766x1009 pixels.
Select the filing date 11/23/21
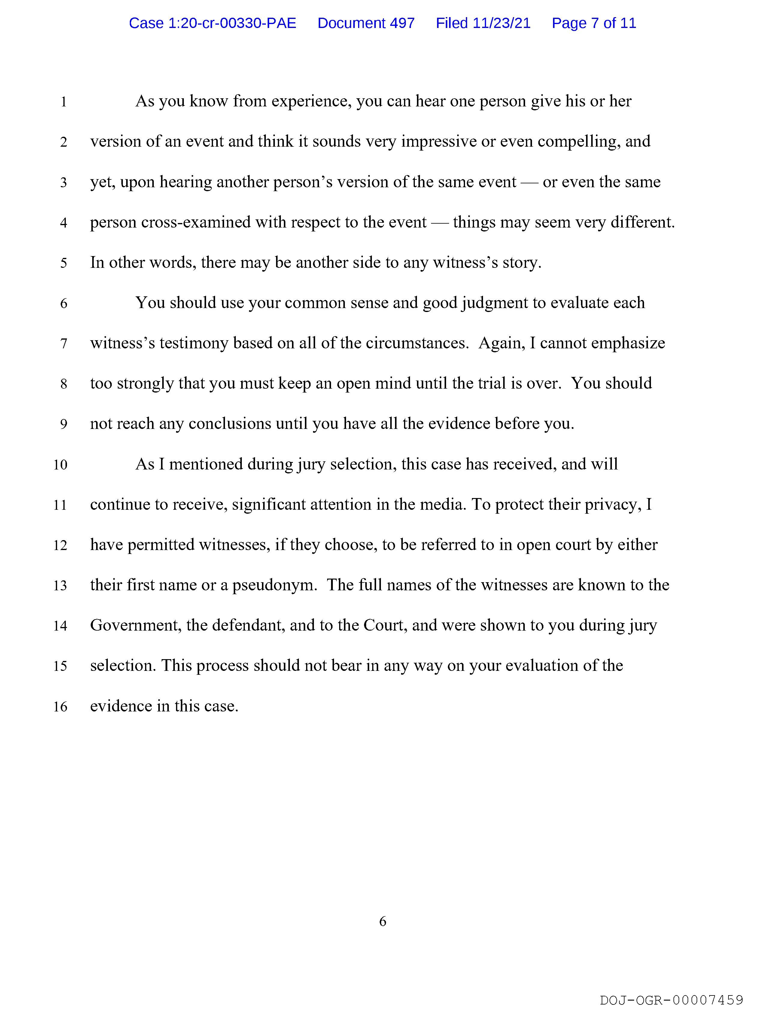coord(502,23)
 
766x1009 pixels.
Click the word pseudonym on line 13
coord(275,585)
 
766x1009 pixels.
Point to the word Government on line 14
coord(135,625)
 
